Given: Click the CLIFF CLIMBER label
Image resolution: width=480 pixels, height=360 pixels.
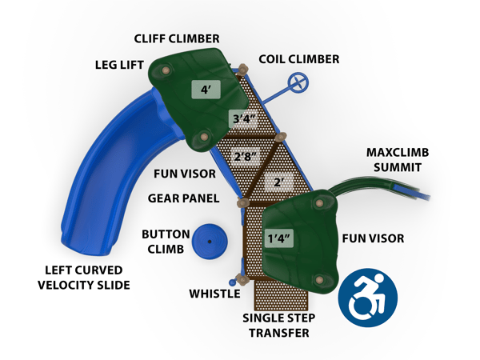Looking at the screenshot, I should coord(176,38).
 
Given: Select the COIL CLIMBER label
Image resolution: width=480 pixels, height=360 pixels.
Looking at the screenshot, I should coord(299,59).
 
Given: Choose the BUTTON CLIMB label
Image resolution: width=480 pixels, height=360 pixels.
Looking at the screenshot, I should coord(166,242).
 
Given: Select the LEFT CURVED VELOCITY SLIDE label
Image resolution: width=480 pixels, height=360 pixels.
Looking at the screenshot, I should coord(87,278).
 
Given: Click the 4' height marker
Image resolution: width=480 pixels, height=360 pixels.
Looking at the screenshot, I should coord(206,90).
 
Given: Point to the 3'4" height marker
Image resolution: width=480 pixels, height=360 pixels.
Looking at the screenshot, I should coord(242,118).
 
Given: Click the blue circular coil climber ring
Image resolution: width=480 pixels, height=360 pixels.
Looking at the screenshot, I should coord(300,82).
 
